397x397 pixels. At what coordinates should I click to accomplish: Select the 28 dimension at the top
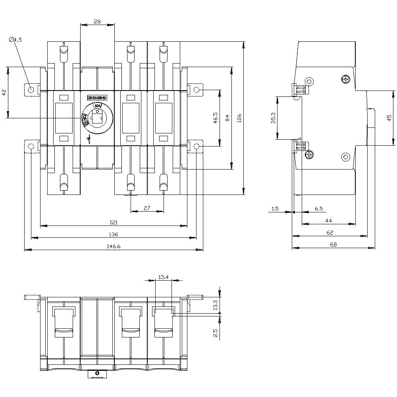pos(97,21)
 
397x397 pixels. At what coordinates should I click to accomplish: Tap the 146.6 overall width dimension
pos(114,247)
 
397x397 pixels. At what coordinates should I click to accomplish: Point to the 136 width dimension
pos(114,235)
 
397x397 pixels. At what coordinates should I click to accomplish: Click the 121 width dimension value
pos(114,223)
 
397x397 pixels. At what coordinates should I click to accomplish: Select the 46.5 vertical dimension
pos(215,118)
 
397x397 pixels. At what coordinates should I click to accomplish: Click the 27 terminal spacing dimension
pos(147,208)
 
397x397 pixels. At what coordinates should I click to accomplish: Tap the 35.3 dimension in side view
pos(274,118)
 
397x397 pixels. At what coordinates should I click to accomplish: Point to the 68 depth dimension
pos(333,245)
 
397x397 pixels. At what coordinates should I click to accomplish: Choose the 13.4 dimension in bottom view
pos(163,277)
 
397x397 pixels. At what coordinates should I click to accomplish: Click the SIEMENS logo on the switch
pos(97,98)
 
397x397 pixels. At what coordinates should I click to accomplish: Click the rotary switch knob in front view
pos(97,118)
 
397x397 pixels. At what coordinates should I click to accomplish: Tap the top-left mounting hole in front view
pos(31,90)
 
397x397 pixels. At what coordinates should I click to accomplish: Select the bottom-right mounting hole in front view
pos(196,146)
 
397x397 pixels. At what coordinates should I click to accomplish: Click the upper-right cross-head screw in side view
pos(346,80)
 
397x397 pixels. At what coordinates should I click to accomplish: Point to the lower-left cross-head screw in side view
pos(309,154)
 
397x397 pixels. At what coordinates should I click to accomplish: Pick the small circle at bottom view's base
pos(97,373)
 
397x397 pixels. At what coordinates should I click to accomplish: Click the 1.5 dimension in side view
pos(276,208)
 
